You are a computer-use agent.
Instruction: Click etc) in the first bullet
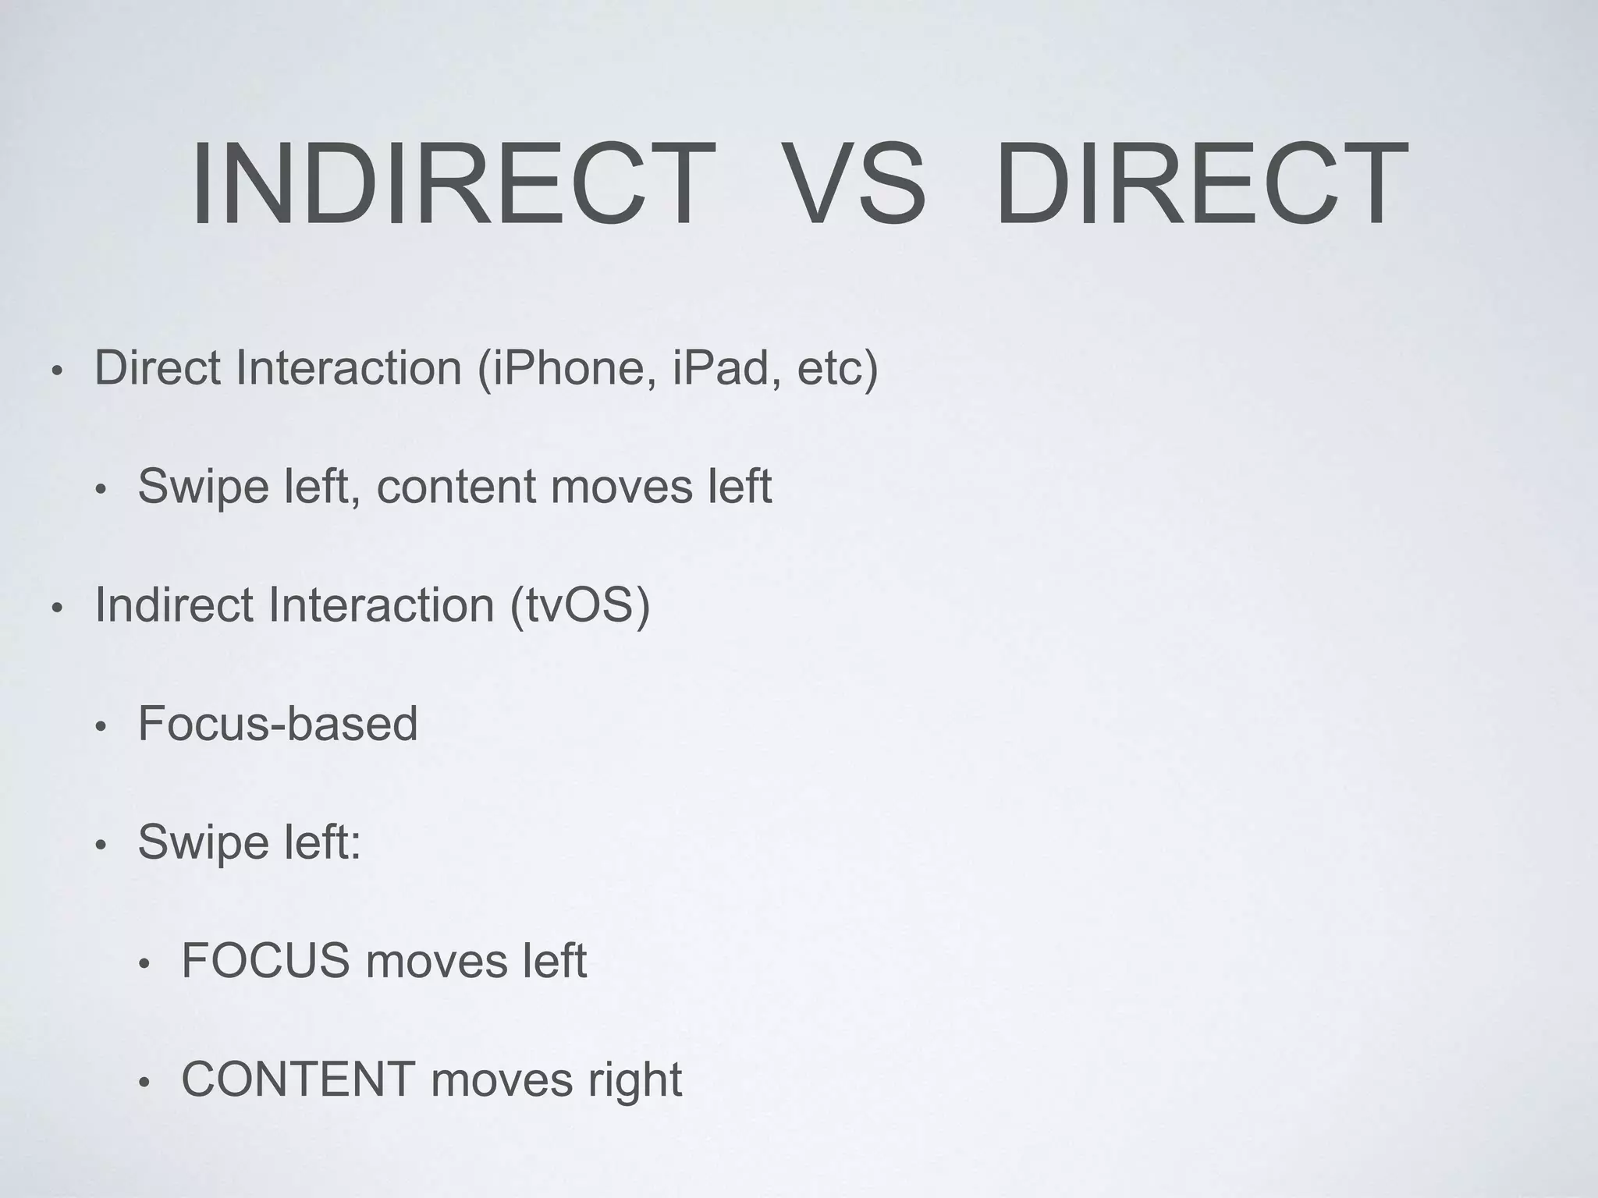point(837,368)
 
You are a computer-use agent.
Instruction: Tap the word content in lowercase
point(456,487)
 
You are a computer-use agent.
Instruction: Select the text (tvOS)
point(580,605)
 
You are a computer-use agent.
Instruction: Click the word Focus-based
point(278,724)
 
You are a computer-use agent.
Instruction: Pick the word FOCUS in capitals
point(265,961)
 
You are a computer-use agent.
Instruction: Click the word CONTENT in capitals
point(298,1079)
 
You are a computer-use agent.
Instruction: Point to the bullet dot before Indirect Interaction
point(55,609)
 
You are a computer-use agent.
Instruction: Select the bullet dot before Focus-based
point(99,728)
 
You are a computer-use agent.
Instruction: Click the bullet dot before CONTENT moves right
point(143,1083)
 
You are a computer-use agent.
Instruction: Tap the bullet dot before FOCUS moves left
point(143,965)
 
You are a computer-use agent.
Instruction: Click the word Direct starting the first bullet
point(157,368)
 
